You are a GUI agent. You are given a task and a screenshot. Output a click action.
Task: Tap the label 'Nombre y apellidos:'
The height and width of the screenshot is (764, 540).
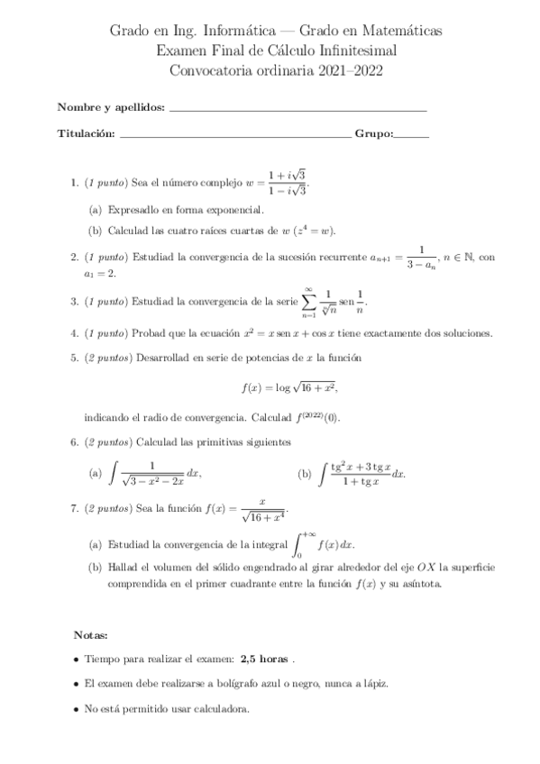111,108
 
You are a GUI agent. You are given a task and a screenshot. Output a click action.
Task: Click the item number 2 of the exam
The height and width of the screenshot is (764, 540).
74,258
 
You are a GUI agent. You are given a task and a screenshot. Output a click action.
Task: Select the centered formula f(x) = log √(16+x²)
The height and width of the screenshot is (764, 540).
289,388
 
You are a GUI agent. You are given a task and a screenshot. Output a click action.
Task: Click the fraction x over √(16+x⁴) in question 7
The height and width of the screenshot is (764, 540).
262,510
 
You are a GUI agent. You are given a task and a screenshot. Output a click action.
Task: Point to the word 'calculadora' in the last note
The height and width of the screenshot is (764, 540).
219,708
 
